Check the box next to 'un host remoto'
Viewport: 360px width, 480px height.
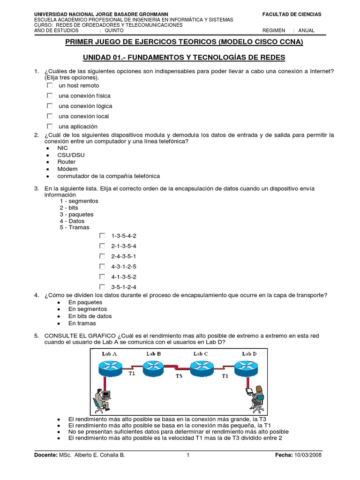pos(50,86)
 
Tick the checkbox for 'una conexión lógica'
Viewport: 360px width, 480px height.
pos(50,106)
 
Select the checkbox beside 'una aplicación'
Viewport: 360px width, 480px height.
pos(50,127)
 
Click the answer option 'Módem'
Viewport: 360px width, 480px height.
pos(67,169)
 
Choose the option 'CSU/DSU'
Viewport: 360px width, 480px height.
pos(71,155)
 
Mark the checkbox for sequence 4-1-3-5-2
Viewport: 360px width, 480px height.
pos(102,277)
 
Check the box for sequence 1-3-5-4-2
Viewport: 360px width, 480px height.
pos(102,236)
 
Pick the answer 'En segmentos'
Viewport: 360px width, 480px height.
pos(87,309)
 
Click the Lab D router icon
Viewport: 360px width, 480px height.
pos(247,367)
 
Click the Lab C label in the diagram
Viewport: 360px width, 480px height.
pos(200,353)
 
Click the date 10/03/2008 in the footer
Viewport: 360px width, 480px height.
pos(308,455)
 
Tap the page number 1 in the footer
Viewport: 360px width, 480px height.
pos(188,455)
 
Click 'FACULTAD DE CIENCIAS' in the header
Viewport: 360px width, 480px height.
pos(292,15)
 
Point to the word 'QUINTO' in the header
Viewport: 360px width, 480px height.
pos(114,30)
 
